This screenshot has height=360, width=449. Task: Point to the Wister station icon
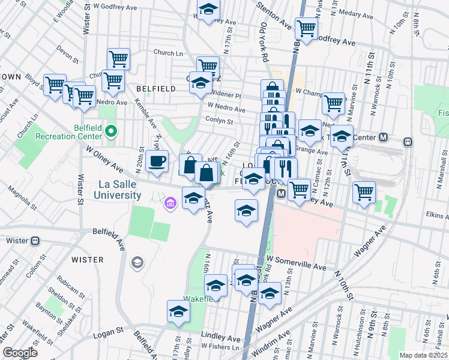pos(35,241)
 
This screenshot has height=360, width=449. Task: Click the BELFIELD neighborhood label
pos(155,89)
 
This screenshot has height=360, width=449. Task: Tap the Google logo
pos(20,353)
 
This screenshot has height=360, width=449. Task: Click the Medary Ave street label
pos(356,11)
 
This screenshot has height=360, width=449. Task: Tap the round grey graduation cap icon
pos(137,262)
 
